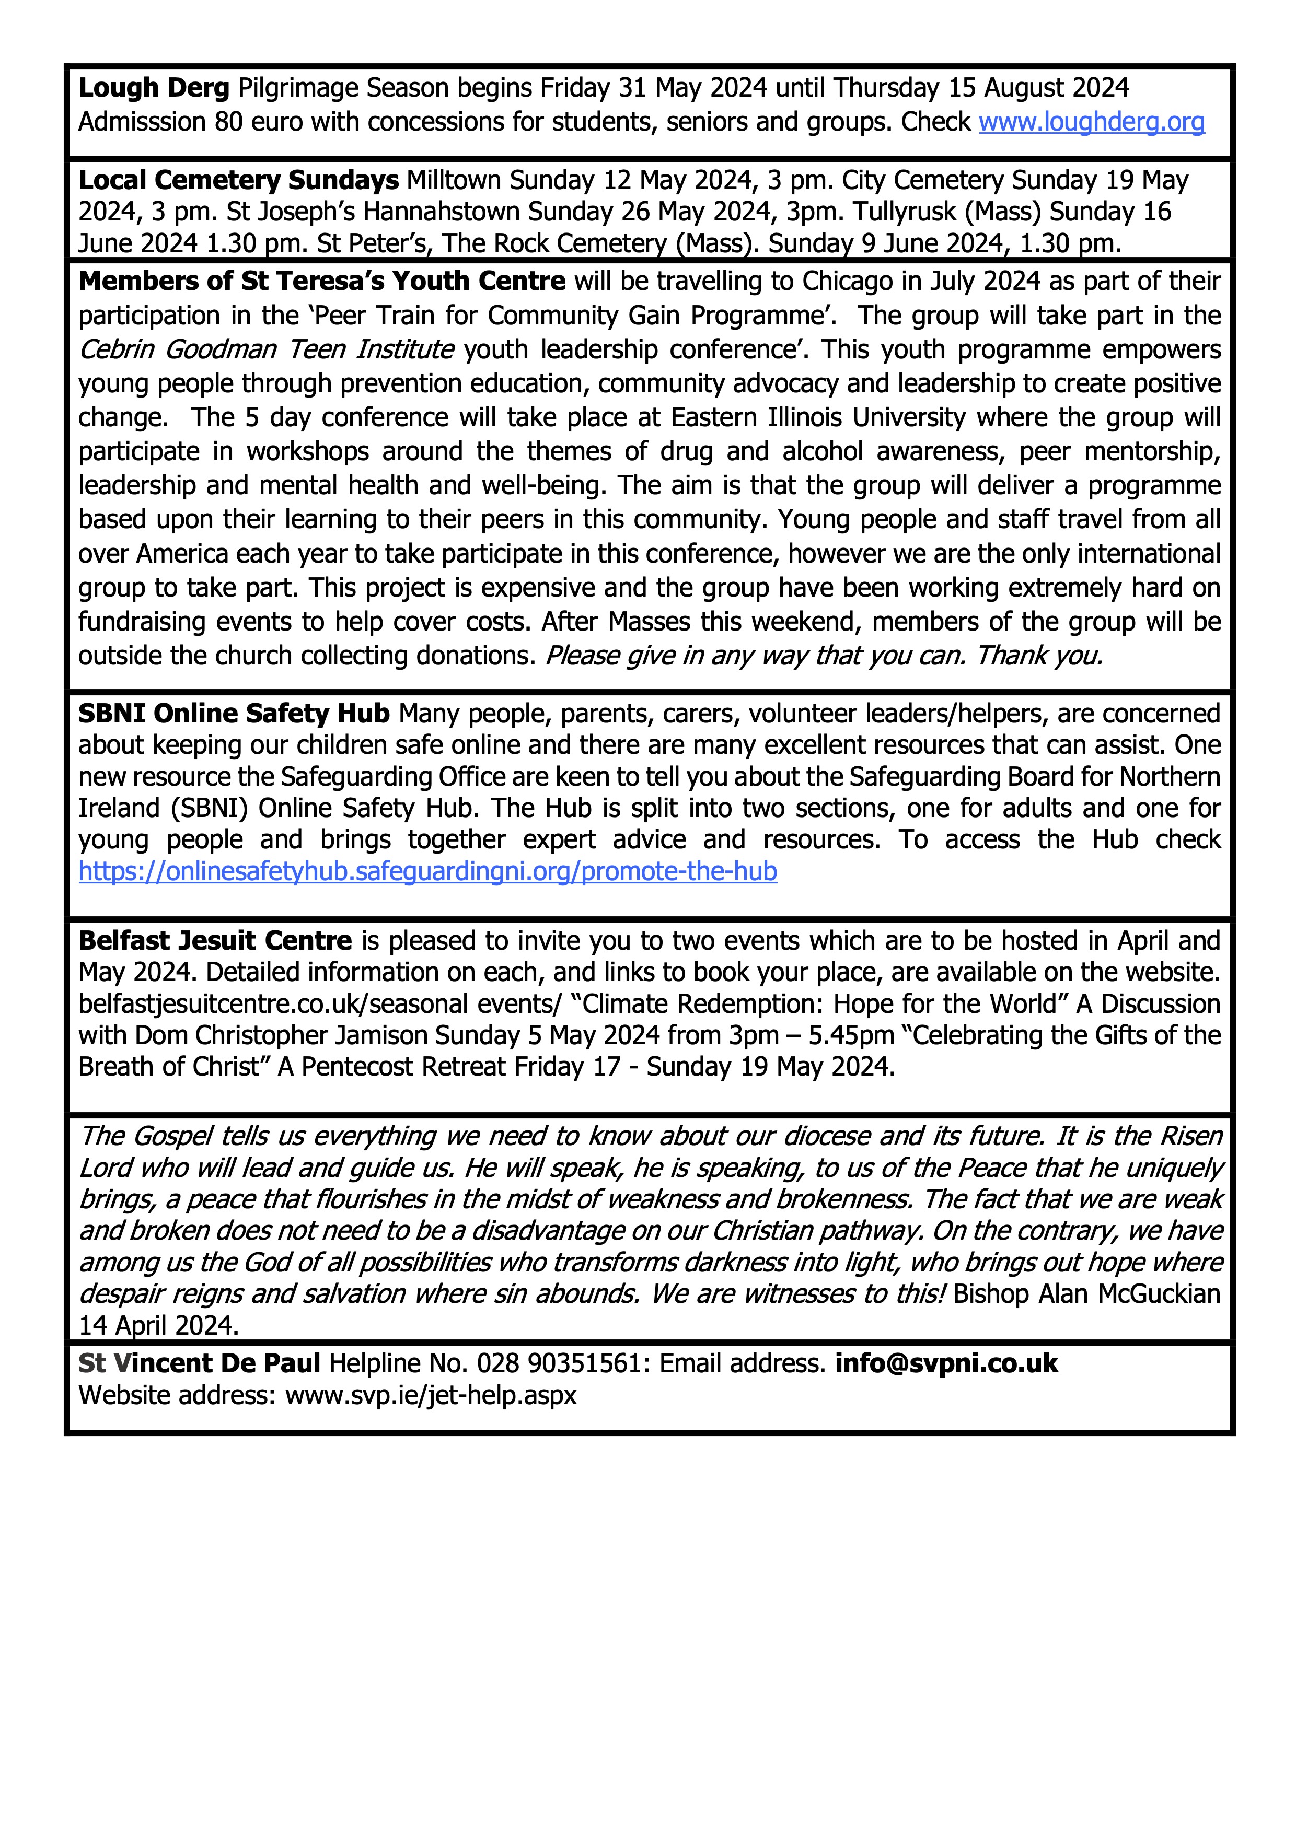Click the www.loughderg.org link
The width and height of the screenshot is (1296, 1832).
(x=1091, y=122)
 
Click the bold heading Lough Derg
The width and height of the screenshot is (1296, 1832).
(x=153, y=88)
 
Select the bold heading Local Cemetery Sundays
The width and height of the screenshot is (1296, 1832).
(x=238, y=180)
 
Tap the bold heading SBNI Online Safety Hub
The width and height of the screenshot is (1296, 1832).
(x=234, y=714)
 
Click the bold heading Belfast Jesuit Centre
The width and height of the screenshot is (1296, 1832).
(x=215, y=941)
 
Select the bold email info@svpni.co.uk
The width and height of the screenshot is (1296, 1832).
(x=946, y=1363)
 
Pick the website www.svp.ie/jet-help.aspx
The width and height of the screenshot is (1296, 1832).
(x=431, y=1395)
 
